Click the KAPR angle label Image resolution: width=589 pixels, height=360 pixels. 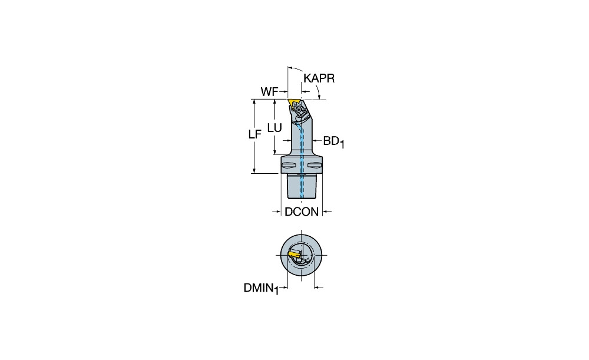(x=319, y=78)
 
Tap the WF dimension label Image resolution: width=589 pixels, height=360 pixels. (x=269, y=92)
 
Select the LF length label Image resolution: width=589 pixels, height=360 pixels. (x=254, y=134)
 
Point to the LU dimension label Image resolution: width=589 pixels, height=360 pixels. (x=274, y=128)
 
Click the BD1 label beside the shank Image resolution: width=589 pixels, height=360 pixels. (x=333, y=141)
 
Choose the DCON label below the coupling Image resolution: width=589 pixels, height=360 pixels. (x=302, y=212)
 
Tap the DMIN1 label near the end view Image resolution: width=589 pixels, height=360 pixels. (x=261, y=289)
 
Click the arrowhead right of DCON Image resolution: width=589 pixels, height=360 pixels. (x=326, y=212)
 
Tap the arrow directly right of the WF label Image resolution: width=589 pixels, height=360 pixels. (x=283, y=92)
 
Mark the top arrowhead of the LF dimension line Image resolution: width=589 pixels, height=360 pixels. (x=254, y=102)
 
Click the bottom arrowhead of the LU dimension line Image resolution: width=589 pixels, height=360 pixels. (x=275, y=151)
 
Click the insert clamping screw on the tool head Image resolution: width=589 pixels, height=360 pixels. (x=299, y=110)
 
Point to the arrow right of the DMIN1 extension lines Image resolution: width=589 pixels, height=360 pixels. (x=319, y=288)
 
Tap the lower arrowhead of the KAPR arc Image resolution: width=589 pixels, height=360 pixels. (x=319, y=97)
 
